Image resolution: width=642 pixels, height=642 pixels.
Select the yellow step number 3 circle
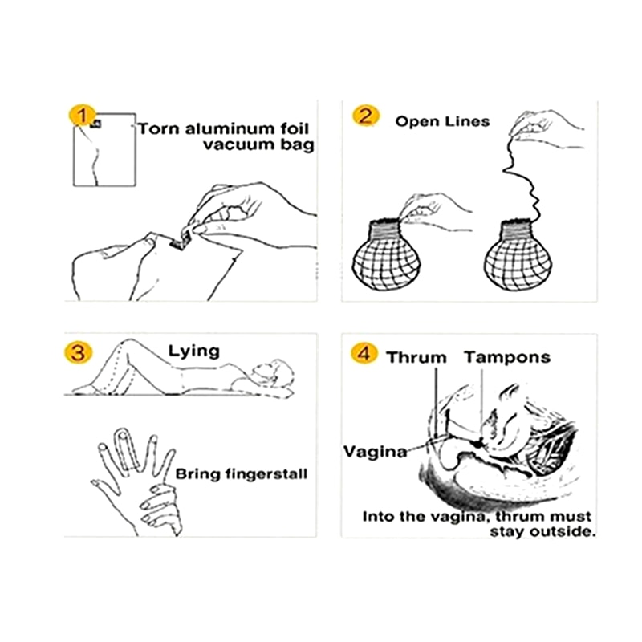tap(80, 352)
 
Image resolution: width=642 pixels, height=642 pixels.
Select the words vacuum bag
tap(258, 145)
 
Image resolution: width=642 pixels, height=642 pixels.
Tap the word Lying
tap(193, 351)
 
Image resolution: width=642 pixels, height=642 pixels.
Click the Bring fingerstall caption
tap(241, 473)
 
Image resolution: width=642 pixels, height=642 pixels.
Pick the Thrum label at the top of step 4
tap(416, 357)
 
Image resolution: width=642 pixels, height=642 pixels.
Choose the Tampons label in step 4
tap(507, 357)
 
